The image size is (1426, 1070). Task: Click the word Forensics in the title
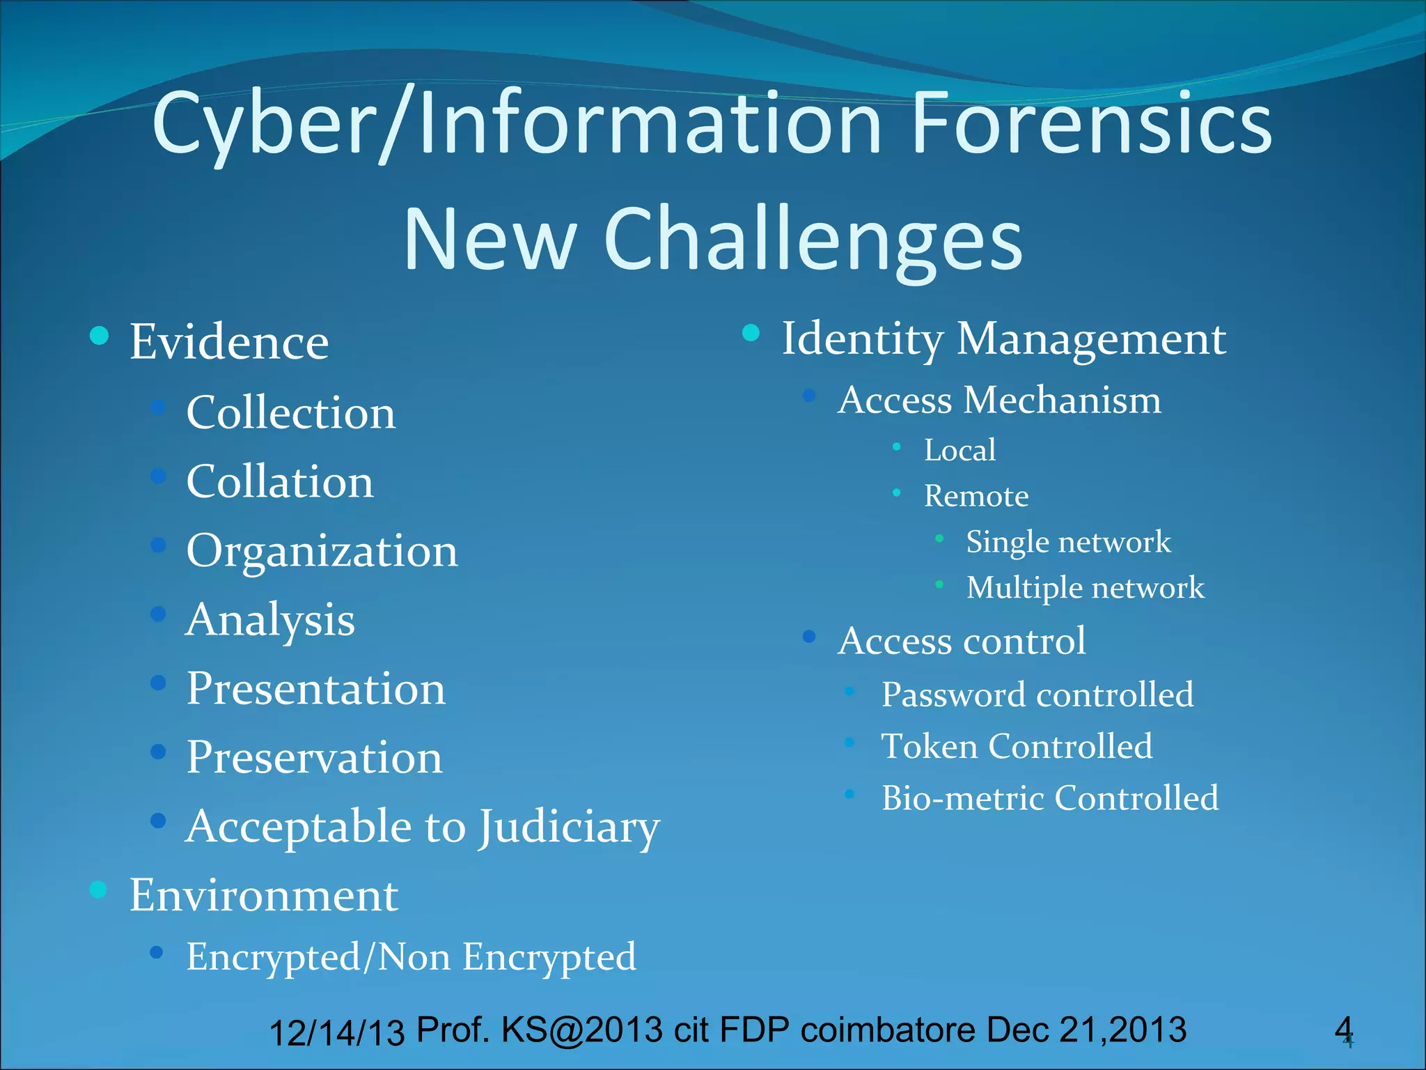(x=1091, y=125)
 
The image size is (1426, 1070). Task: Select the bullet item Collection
(x=290, y=412)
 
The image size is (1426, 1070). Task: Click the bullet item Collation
(x=279, y=481)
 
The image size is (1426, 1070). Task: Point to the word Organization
(x=322, y=551)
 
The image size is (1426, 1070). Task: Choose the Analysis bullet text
(x=270, y=620)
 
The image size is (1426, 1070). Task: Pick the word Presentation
(x=315, y=689)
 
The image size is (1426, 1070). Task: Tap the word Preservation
(x=314, y=757)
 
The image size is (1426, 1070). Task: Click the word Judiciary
(x=568, y=828)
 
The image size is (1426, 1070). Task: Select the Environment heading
(x=264, y=895)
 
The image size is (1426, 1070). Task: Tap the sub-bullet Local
(x=959, y=450)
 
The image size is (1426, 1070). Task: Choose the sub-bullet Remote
(x=976, y=496)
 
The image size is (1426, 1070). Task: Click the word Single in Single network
(x=1008, y=542)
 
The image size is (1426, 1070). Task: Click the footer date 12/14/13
(x=336, y=1032)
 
